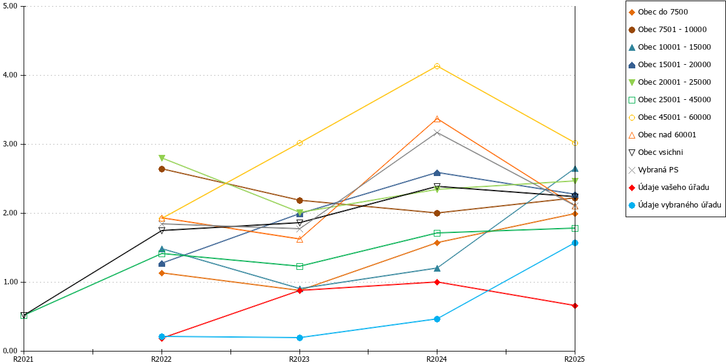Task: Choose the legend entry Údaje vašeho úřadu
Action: pyautogui.click(x=669, y=188)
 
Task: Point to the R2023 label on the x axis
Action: pyautogui.click(x=299, y=359)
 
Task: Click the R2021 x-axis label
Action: pyautogui.click(x=24, y=359)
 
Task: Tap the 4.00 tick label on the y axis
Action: pyautogui.click(x=10, y=75)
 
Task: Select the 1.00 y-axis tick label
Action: pyautogui.click(x=10, y=282)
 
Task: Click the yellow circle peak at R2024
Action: pyautogui.click(x=437, y=66)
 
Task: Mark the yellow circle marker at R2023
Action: pyautogui.click(x=299, y=143)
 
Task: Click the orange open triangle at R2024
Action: pyautogui.click(x=437, y=119)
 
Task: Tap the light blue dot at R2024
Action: pyautogui.click(x=437, y=319)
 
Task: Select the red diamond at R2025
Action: pyautogui.click(x=575, y=306)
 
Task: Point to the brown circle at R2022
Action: pyautogui.click(x=162, y=169)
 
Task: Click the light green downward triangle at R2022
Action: pyautogui.click(x=162, y=158)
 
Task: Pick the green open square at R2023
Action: pyautogui.click(x=299, y=266)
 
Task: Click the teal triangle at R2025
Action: pyautogui.click(x=575, y=169)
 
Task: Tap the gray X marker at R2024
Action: pyautogui.click(x=437, y=132)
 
